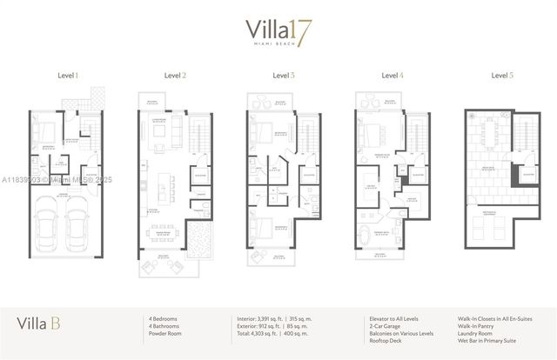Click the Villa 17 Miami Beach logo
point(278,34)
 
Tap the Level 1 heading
point(68,76)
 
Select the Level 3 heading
point(283,76)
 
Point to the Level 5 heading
point(501,76)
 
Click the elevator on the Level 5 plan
point(525,174)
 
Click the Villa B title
point(38,324)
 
